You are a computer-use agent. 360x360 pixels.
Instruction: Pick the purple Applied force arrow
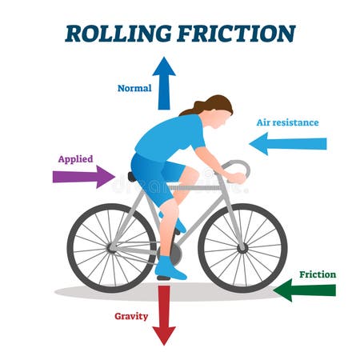[x=83, y=176]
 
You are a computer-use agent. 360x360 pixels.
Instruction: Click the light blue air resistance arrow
[x=288, y=144]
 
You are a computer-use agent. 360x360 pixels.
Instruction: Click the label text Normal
[x=134, y=88]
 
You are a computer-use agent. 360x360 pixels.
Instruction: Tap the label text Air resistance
[x=287, y=122]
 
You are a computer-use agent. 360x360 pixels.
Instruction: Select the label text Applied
[x=74, y=158]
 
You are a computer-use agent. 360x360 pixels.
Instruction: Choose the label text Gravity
[x=130, y=316]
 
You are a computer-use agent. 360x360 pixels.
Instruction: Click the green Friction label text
[x=318, y=274]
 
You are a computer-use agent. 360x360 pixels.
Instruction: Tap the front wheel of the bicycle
[x=242, y=247]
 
